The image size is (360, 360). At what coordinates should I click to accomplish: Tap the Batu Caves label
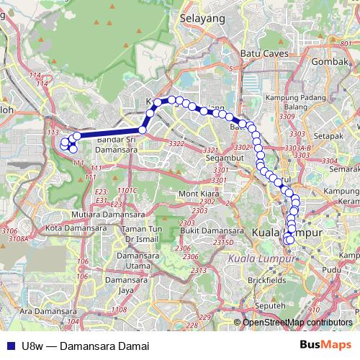[261, 53]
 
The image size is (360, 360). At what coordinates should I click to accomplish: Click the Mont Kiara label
[198, 194]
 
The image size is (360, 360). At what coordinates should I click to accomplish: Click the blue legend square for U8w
[12, 346]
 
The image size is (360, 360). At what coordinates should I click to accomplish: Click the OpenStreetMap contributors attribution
[297, 323]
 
